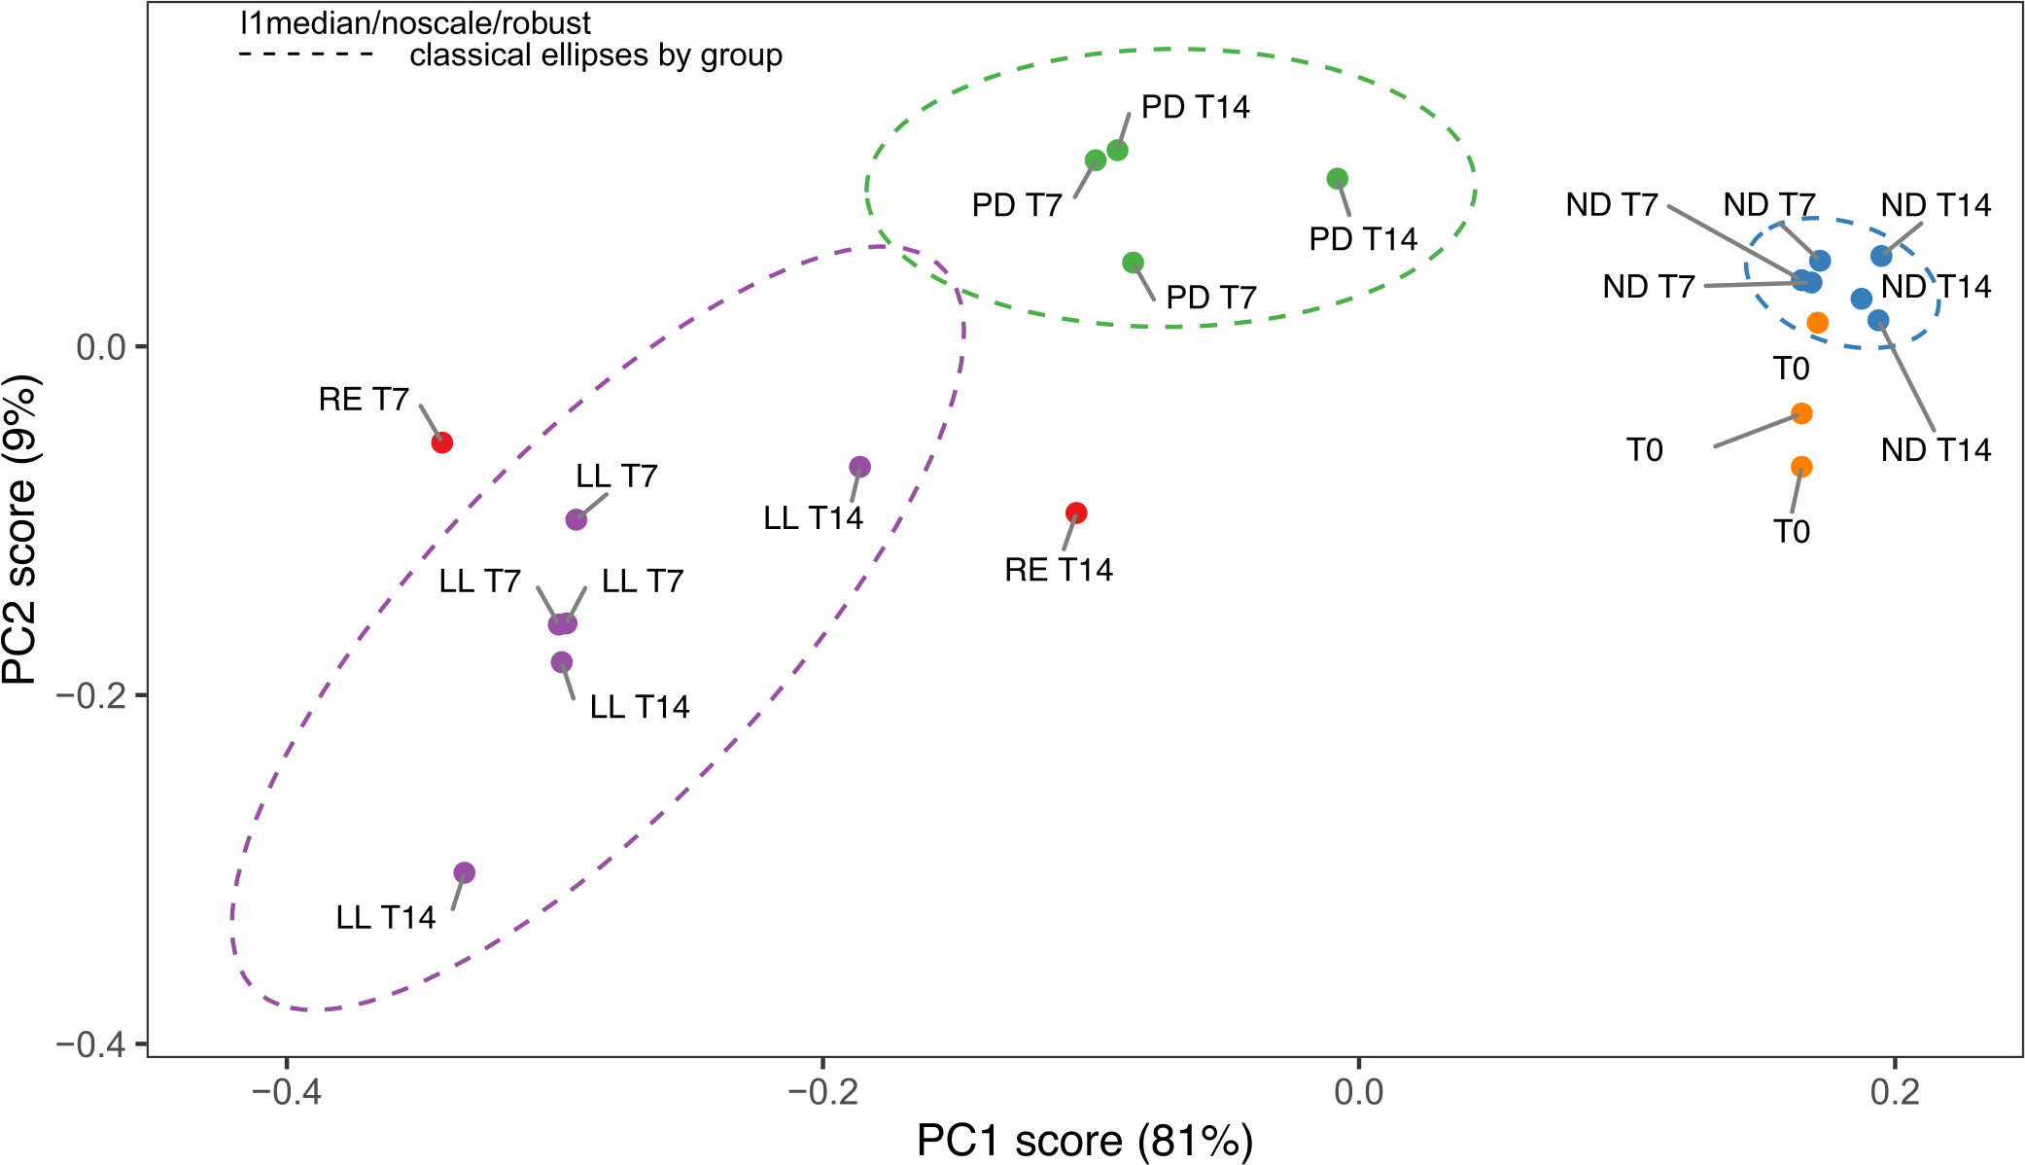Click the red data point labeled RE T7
coord(441,442)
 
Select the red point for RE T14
coord(1075,512)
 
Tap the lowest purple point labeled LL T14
coord(465,872)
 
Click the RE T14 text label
coord(1058,570)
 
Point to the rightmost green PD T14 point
coord(1337,179)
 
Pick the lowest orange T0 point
coord(1801,467)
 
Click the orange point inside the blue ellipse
coord(1817,322)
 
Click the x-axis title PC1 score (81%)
coord(1084,1141)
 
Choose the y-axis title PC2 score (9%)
coord(19,530)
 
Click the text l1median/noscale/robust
coord(415,22)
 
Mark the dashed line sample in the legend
coord(306,55)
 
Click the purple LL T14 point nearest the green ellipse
coord(859,467)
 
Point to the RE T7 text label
coord(364,400)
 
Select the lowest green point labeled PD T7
coord(1133,263)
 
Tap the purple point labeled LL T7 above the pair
coord(576,519)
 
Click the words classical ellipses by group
coord(595,55)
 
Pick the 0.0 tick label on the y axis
coord(101,347)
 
